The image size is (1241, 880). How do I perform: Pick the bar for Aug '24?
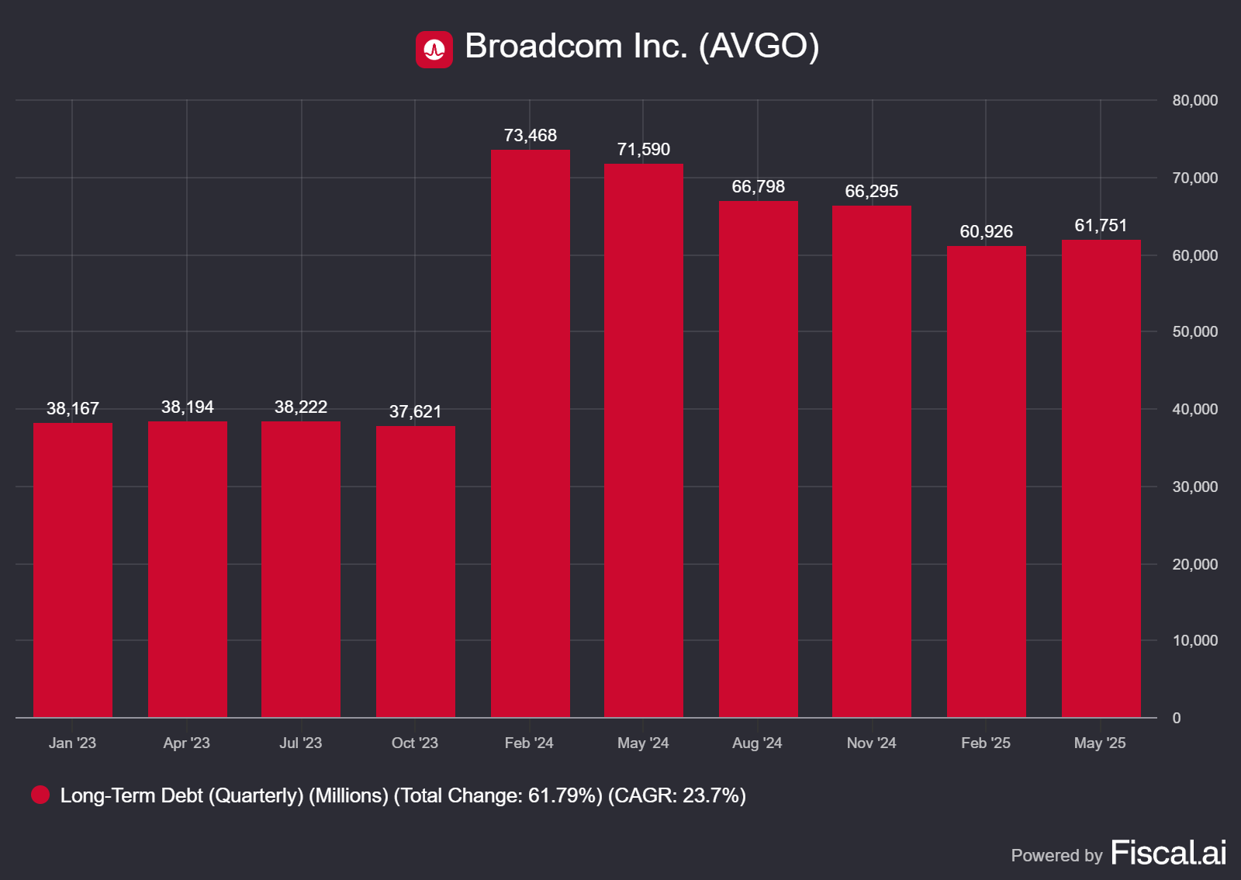[758, 459]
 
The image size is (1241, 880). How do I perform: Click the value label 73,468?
[530, 135]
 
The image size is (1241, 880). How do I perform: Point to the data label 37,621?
[415, 411]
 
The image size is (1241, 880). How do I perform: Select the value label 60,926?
[986, 231]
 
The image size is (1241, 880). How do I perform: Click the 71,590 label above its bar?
[643, 149]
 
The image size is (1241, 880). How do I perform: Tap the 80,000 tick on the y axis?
[1194, 100]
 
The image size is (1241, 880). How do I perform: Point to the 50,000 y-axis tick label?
[1194, 331]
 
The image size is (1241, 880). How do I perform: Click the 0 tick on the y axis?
[1177, 718]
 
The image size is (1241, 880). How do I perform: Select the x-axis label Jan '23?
[72, 743]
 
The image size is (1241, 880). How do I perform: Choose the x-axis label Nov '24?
[871, 743]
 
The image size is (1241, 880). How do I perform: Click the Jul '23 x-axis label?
[300, 743]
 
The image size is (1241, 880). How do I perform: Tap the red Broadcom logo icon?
[434, 50]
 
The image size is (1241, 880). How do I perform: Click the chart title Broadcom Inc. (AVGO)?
[641, 46]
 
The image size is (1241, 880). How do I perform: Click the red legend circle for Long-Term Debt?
[40, 795]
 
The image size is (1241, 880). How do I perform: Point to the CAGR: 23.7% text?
[676, 795]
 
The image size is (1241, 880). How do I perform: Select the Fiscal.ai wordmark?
[1168, 853]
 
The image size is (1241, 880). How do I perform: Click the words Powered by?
[1056, 855]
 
